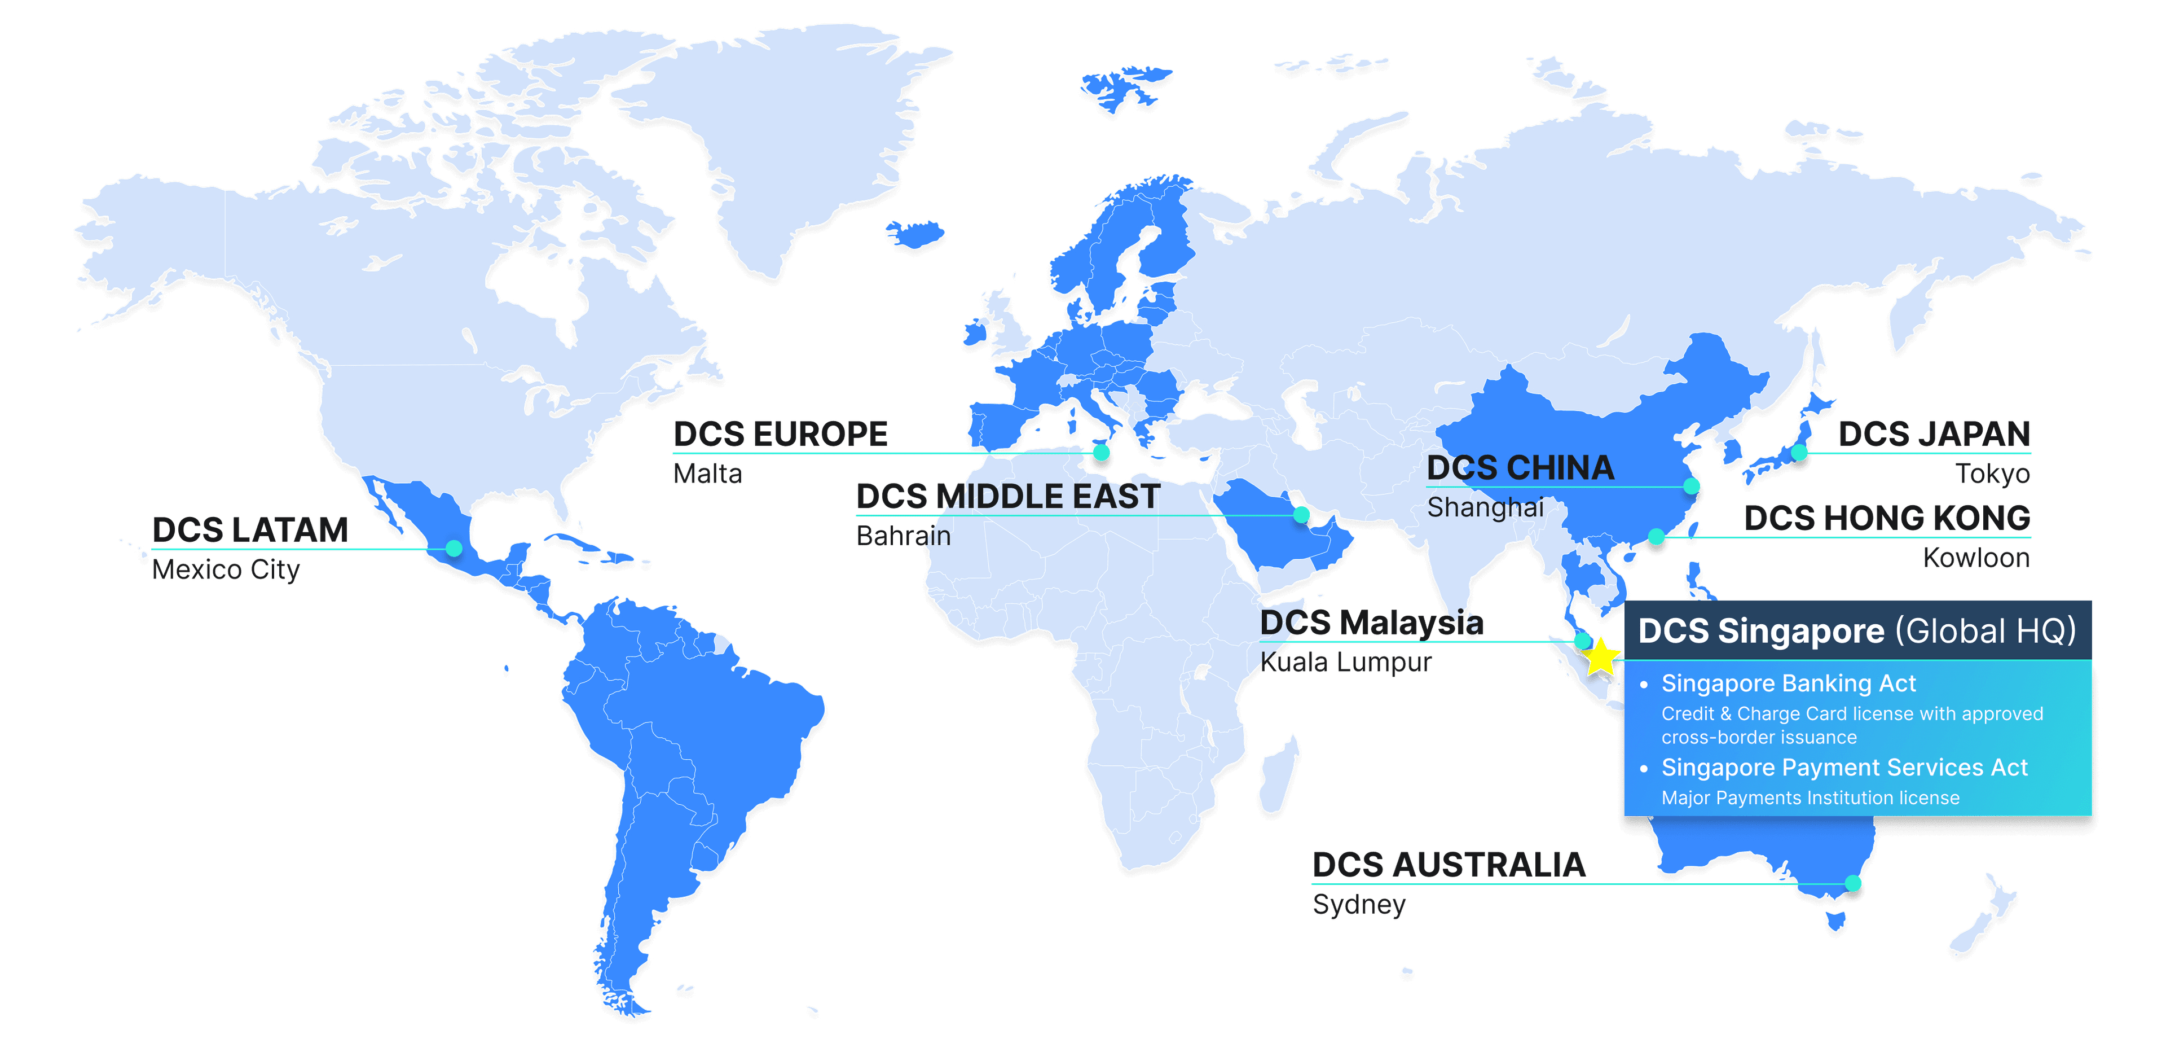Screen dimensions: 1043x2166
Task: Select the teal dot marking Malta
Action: [x=1102, y=453]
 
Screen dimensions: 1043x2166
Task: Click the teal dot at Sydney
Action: [x=1853, y=883]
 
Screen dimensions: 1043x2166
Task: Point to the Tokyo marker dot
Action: [x=1799, y=453]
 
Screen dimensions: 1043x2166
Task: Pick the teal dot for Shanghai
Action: [x=1692, y=486]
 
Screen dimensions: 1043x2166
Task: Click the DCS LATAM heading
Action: [x=250, y=530]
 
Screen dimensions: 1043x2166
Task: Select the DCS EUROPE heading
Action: [x=780, y=434]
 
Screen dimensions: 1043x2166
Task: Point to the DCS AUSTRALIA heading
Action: [x=1449, y=865]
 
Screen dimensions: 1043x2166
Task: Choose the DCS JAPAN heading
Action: [x=1934, y=434]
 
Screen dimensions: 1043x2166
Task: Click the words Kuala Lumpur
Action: [x=1346, y=663]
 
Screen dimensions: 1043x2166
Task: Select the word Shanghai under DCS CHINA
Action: [x=1485, y=508]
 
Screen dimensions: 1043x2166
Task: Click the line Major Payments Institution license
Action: [x=1810, y=797]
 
